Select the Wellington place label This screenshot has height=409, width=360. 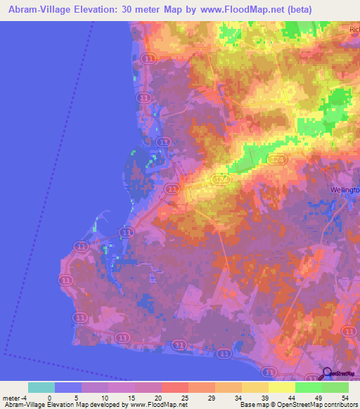tap(345, 190)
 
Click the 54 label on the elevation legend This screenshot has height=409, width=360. tap(344, 397)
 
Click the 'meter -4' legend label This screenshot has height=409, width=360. tap(15, 397)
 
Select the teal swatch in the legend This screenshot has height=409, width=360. tap(41, 387)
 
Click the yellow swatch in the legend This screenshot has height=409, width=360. tap(281, 387)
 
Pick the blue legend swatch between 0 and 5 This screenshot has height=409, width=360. tap(68, 387)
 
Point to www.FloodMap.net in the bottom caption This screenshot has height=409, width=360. tap(157, 405)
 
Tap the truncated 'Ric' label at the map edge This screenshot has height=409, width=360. tap(354, 30)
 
